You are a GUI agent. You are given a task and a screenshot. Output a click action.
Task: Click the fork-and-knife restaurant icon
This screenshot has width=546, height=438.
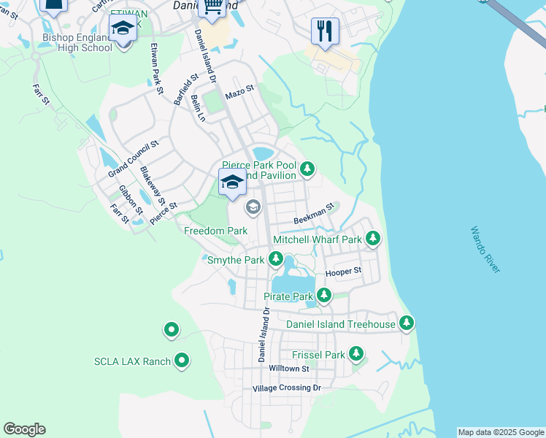click(325, 31)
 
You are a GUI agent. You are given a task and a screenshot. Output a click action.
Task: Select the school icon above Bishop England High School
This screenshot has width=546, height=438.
click(123, 29)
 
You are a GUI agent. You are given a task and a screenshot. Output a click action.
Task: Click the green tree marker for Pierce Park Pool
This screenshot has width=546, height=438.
click(307, 169)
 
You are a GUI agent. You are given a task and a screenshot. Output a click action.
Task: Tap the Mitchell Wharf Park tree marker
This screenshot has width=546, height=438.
click(373, 238)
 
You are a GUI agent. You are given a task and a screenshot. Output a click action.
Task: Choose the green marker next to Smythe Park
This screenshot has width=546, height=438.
click(276, 258)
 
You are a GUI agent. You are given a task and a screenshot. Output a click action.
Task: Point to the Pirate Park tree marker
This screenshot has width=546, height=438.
click(323, 296)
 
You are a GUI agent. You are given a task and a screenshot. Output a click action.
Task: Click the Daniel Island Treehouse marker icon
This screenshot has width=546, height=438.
click(406, 323)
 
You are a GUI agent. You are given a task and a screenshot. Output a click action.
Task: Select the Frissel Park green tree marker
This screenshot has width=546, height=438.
click(355, 354)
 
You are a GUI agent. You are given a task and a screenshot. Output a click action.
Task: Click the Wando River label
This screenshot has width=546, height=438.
click(485, 250)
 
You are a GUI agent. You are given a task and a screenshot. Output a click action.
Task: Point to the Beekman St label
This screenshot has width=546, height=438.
click(313, 214)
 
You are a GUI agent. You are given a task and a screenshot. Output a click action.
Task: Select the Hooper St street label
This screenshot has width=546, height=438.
click(343, 271)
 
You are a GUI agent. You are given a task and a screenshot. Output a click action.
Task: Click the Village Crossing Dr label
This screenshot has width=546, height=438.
click(286, 388)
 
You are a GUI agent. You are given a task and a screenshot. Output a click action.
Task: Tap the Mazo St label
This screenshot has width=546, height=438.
click(239, 92)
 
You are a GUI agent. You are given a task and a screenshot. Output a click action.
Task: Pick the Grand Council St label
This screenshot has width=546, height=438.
click(133, 159)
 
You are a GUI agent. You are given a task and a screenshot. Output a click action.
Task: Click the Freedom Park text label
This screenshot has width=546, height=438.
click(215, 231)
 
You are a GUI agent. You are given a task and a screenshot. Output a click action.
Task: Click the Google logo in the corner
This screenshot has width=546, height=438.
click(24, 429)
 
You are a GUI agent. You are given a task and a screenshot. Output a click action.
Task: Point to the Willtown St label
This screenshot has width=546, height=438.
click(289, 369)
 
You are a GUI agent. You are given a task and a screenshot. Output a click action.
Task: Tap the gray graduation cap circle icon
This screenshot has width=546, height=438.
click(253, 207)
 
